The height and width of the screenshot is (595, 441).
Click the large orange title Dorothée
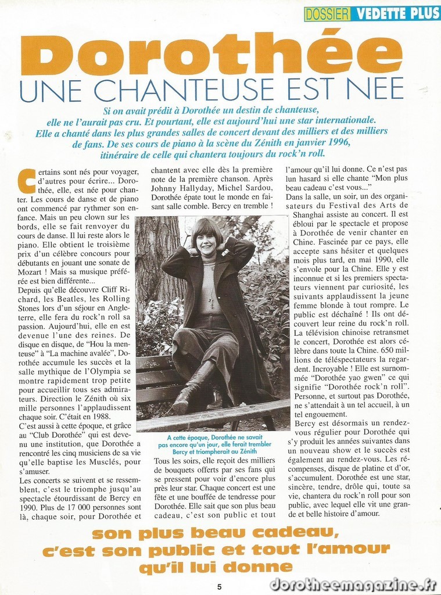point(211,53)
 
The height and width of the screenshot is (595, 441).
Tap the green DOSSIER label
point(328,13)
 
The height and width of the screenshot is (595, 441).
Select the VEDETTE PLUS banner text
point(396,13)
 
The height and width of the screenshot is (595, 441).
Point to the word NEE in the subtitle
point(376,89)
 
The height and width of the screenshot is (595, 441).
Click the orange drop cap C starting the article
point(27,181)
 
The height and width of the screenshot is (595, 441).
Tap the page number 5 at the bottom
point(219,586)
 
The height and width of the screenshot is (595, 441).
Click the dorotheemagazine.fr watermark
point(353,584)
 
